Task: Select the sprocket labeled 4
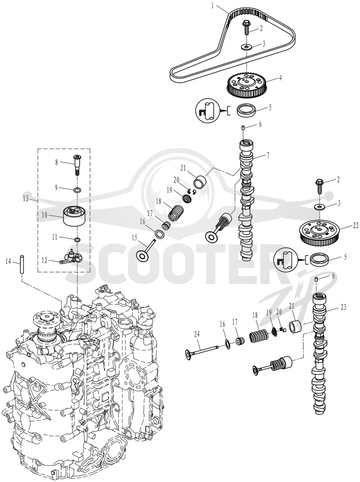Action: pyautogui.click(x=246, y=84)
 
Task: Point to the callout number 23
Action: pyautogui.click(x=343, y=306)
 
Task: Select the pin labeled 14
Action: pyautogui.click(x=22, y=263)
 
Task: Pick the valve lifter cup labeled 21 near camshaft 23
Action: pyautogui.click(x=296, y=327)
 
